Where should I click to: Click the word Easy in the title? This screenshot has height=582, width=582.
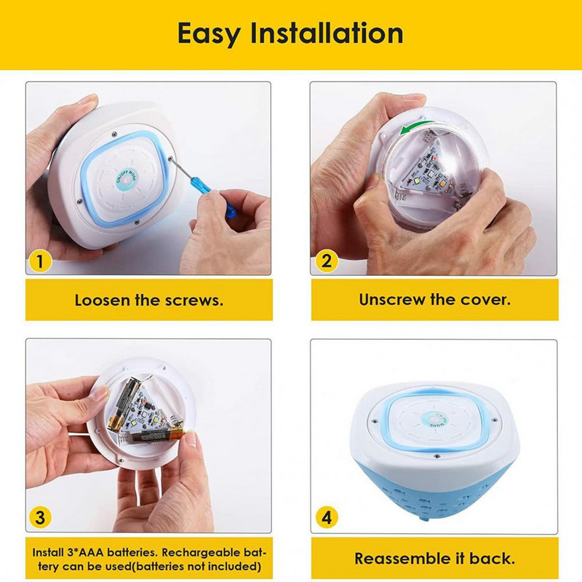(209, 34)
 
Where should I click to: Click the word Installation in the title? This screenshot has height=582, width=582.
(327, 33)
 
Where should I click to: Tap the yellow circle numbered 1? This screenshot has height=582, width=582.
(40, 261)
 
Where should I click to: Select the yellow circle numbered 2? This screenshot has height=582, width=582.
(327, 261)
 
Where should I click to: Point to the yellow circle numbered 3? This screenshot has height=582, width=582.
(40, 517)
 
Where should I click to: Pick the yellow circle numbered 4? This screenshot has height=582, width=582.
(327, 517)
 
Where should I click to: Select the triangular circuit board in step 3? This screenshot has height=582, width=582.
(144, 412)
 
